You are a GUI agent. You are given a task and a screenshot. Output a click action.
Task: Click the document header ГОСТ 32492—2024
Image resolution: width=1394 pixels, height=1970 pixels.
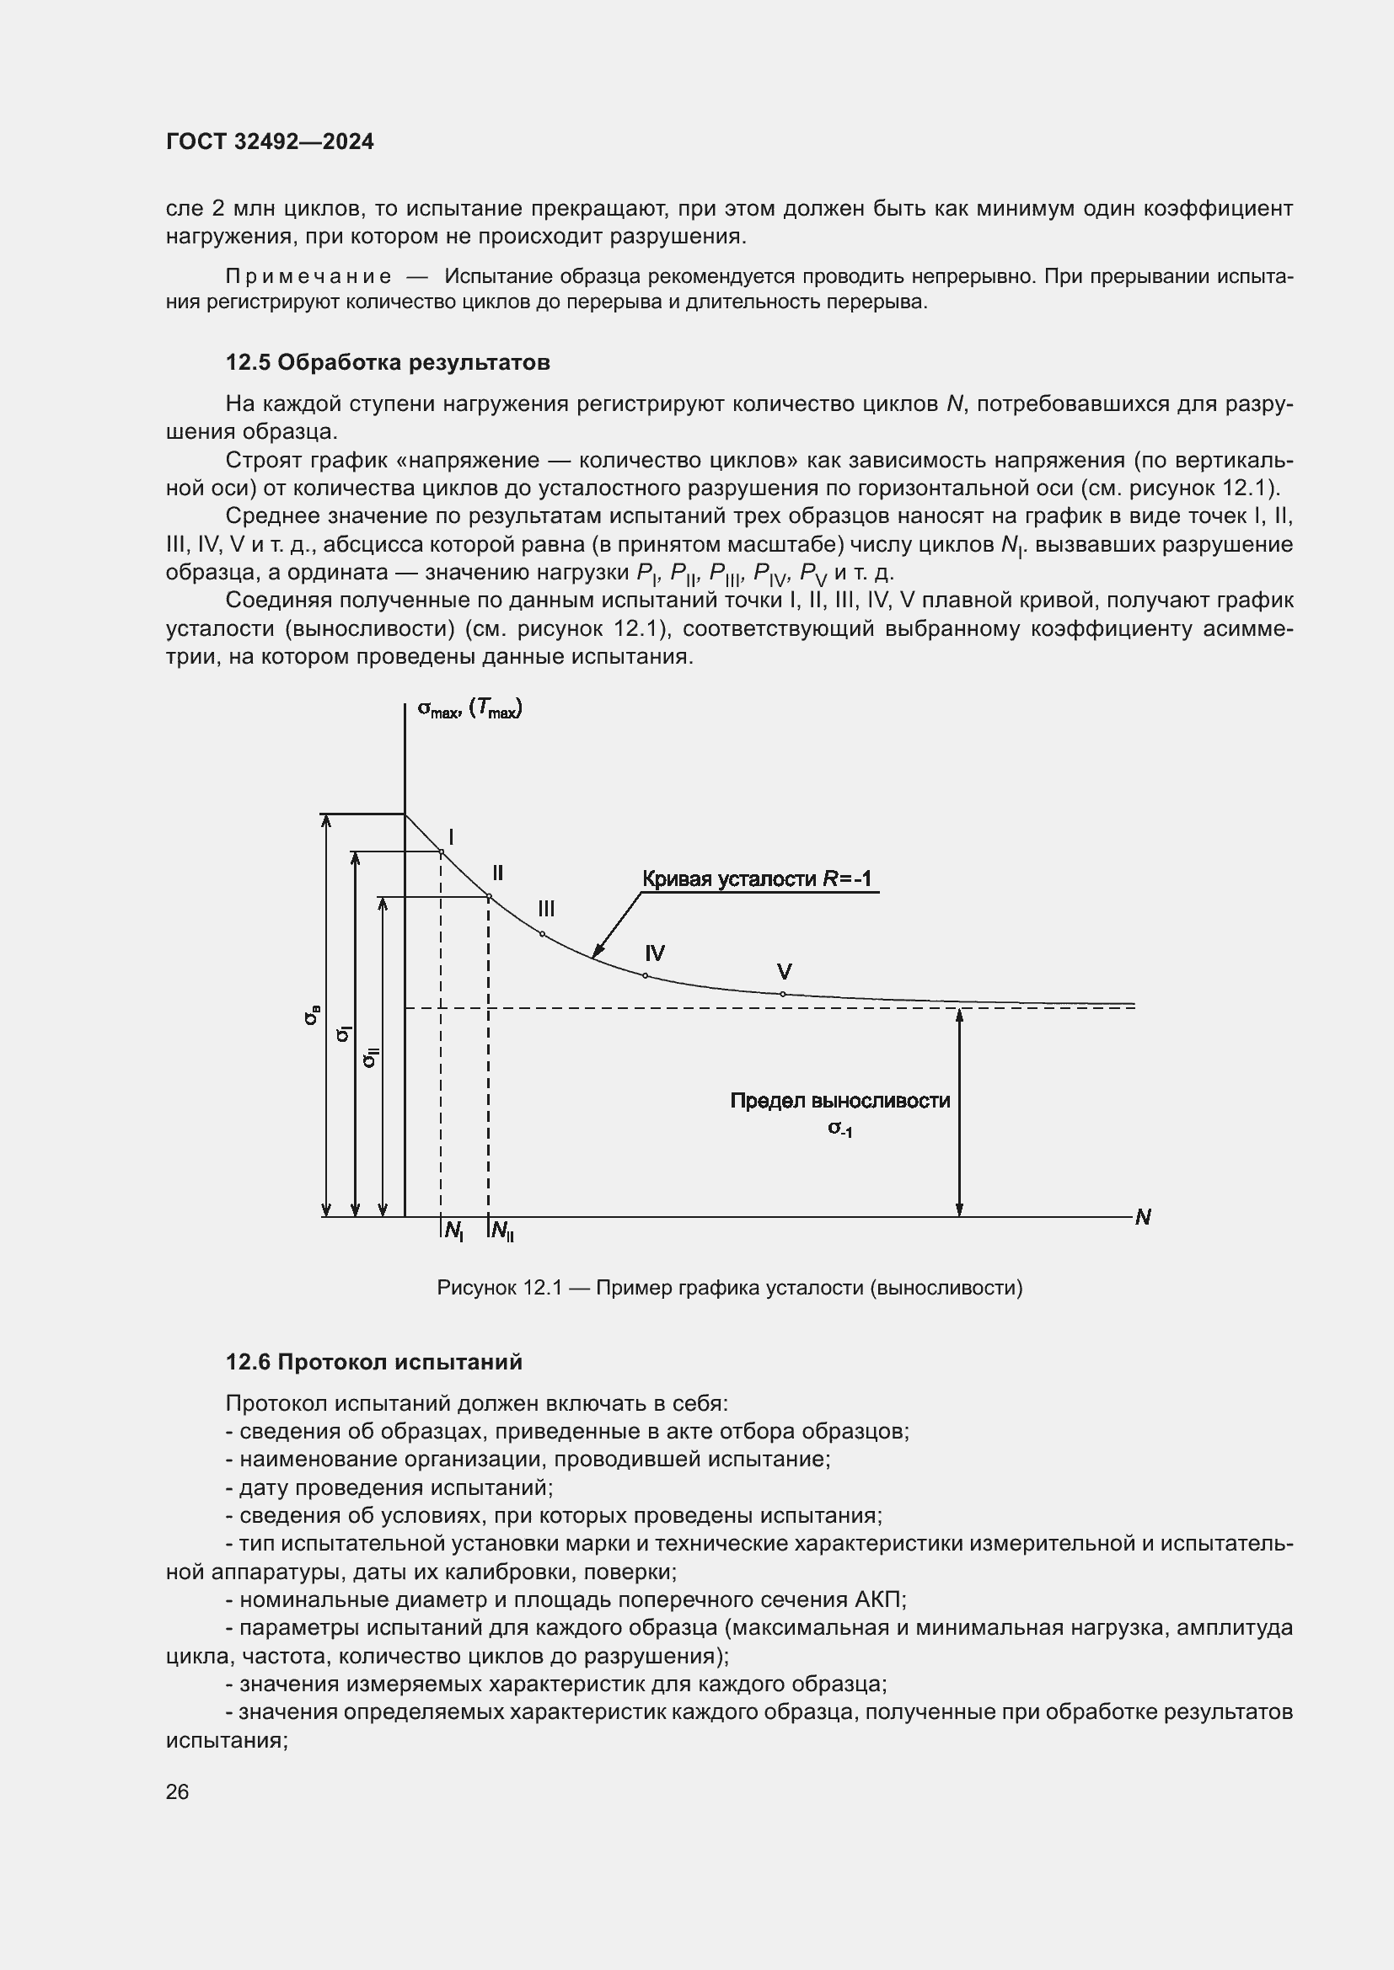click(x=270, y=141)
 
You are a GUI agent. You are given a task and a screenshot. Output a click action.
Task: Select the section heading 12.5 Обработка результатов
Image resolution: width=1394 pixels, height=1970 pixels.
click(x=387, y=362)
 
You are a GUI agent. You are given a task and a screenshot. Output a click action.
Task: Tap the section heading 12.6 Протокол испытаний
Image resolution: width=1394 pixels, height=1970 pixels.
click(x=373, y=1362)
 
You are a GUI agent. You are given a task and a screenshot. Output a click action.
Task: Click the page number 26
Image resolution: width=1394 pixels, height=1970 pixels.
click(x=177, y=1792)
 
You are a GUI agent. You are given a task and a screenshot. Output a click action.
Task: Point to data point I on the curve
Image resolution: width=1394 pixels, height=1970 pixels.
click(x=441, y=852)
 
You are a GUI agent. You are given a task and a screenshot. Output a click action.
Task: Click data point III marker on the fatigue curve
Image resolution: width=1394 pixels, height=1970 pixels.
click(x=543, y=933)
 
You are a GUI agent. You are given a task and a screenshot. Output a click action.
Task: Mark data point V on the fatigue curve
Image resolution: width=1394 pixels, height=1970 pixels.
click(x=783, y=994)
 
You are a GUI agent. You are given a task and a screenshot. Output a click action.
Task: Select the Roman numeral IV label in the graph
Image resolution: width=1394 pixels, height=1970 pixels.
click(x=655, y=953)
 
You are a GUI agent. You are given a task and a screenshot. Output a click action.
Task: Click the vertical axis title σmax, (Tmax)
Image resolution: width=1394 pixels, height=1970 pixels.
click(x=469, y=708)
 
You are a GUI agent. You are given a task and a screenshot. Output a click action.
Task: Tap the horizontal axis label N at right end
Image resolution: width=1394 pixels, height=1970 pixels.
click(x=1143, y=1217)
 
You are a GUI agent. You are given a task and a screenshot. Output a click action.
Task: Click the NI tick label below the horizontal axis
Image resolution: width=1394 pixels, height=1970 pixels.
click(x=454, y=1231)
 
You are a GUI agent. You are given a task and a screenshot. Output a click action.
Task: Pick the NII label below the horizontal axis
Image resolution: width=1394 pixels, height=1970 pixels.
click(x=502, y=1231)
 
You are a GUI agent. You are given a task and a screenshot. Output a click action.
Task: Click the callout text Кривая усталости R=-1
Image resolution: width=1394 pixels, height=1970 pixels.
click(x=757, y=878)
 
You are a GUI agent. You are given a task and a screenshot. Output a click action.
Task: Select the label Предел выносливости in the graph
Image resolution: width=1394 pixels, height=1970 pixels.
click(x=839, y=1101)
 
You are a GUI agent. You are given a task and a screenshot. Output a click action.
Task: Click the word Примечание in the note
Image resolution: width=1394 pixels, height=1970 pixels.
click(x=308, y=276)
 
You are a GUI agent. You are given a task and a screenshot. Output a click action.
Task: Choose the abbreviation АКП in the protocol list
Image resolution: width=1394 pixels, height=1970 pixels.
click(x=879, y=1600)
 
